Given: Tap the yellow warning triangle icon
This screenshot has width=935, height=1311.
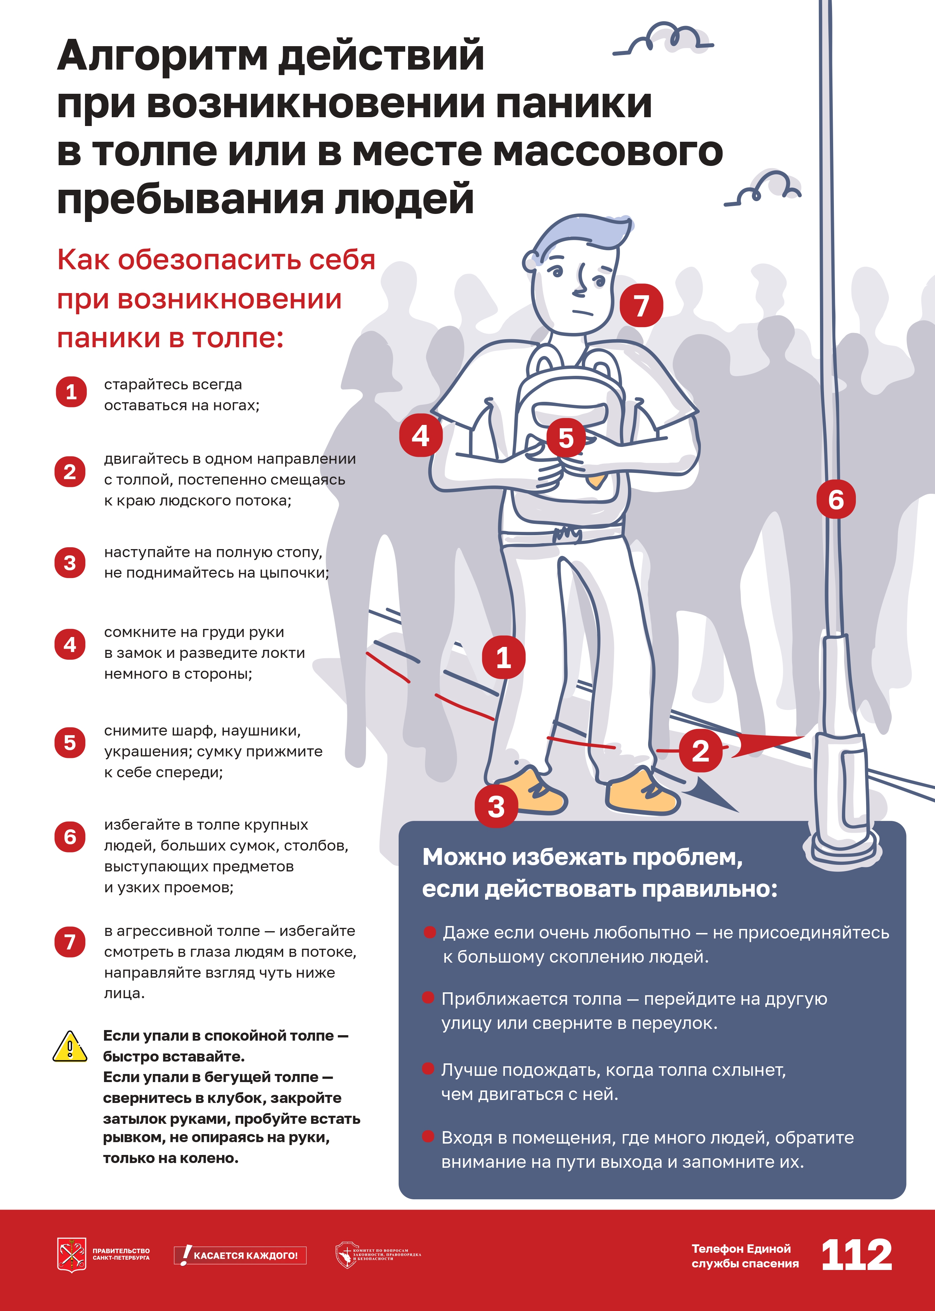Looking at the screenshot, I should pyautogui.click(x=70, y=1047).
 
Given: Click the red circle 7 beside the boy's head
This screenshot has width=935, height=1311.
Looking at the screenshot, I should pyautogui.click(x=642, y=305).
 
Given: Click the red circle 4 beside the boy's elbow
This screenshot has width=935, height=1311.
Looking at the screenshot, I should pyautogui.click(x=421, y=435).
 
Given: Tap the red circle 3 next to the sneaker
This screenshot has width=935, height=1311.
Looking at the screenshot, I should pyautogui.click(x=496, y=806).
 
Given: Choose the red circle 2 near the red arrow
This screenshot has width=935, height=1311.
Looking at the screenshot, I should pyautogui.click(x=700, y=751).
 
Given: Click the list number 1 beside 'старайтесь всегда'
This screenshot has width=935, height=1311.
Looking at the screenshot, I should pyautogui.click(x=71, y=392).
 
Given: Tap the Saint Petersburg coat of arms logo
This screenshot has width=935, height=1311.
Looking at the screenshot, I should pyautogui.click(x=71, y=1255).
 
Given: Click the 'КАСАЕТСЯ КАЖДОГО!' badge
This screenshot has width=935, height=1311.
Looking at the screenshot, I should pyautogui.click(x=240, y=1255).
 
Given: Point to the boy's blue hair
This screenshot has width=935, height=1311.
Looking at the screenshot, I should pyautogui.click(x=581, y=236).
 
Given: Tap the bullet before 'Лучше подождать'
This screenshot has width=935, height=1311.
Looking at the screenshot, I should pyautogui.click(x=428, y=1069).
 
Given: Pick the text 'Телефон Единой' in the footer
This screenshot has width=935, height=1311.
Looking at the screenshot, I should pyautogui.click(x=741, y=1249).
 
